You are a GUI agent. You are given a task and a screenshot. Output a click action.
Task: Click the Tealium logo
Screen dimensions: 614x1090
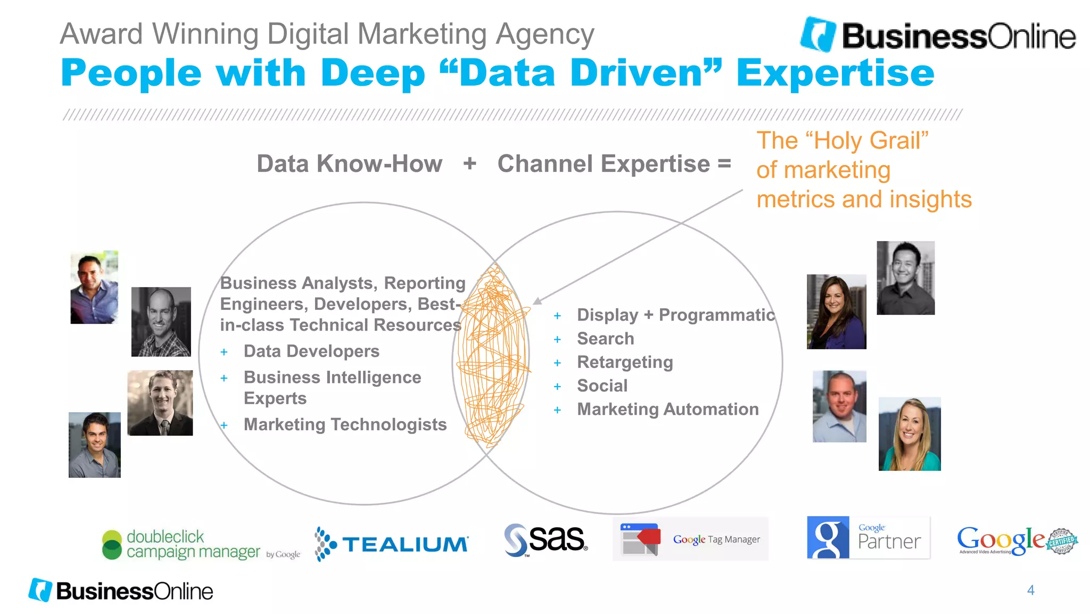point(392,544)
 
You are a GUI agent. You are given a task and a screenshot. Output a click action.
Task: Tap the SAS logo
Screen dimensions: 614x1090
point(546,540)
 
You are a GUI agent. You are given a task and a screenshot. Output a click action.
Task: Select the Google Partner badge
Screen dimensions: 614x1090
point(868,538)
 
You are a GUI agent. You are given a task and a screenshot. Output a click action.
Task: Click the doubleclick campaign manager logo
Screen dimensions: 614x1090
point(201,544)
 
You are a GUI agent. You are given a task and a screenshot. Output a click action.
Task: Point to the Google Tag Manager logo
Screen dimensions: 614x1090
point(690,539)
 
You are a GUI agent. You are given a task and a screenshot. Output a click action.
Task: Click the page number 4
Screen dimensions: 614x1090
point(1030,590)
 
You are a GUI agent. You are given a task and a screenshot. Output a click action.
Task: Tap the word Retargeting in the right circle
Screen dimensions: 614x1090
point(625,362)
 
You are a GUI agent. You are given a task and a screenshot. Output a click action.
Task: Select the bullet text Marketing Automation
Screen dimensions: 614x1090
point(668,409)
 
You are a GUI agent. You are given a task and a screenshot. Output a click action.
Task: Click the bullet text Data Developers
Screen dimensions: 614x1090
point(311,351)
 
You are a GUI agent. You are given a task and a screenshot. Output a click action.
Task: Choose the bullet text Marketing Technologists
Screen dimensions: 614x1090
point(345,424)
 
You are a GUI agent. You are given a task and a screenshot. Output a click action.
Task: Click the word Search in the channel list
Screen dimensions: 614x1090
point(606,339)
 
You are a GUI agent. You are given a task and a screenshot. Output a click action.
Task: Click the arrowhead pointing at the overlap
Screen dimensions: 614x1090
point(538,301)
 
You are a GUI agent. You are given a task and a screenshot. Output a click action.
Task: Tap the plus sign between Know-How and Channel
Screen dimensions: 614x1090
point(469,163)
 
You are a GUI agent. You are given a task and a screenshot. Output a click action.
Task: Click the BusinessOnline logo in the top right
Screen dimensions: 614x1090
point(938,35)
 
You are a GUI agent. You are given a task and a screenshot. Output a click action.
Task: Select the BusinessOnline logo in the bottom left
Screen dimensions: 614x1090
point(121,591)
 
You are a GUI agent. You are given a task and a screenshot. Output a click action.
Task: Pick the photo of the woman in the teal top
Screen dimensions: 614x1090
point(909,434)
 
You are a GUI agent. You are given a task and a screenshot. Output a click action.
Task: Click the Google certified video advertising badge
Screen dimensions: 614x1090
point(1017,541)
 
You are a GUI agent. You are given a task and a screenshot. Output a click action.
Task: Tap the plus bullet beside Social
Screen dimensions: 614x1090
point(557,387)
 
